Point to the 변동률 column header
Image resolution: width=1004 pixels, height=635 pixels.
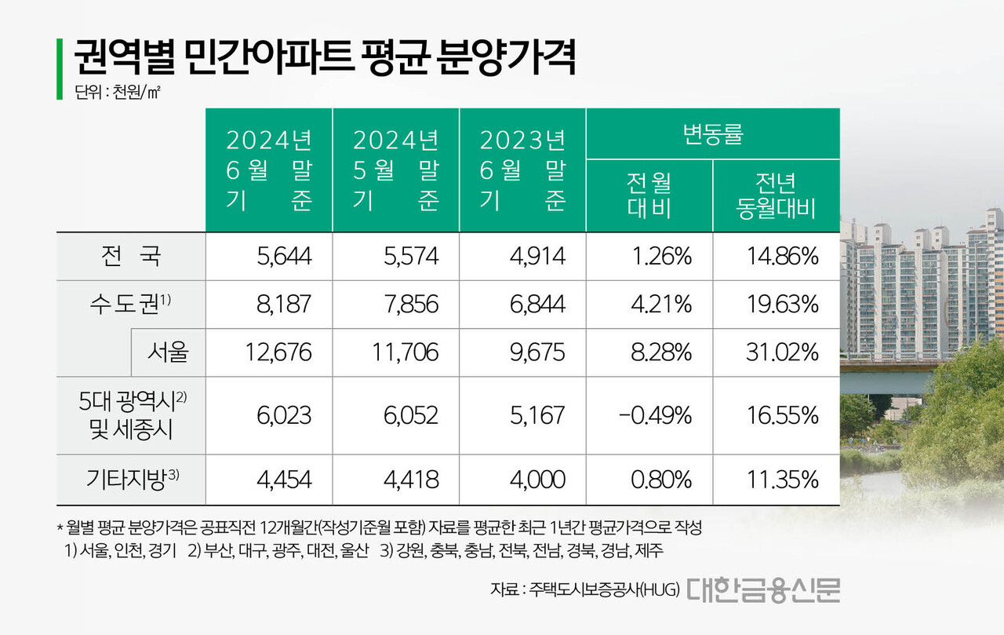[712, 133]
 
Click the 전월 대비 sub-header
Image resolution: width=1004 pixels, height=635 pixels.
[649, 196]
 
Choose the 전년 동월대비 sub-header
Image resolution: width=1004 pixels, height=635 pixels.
[776, 196]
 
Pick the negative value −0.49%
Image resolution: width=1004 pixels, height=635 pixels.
[655, 414]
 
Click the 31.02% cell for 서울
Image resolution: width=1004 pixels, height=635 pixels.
[781, 352]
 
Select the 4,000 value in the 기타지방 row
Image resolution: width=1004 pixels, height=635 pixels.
[536, 479]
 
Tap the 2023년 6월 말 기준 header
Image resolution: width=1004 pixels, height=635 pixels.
[522, 170]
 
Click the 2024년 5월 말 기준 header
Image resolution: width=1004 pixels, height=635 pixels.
[395, 170]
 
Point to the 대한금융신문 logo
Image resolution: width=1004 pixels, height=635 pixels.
[763, 589]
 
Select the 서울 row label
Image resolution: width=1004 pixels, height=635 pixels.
[167, 352]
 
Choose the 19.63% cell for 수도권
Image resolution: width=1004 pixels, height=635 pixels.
[781, 304]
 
